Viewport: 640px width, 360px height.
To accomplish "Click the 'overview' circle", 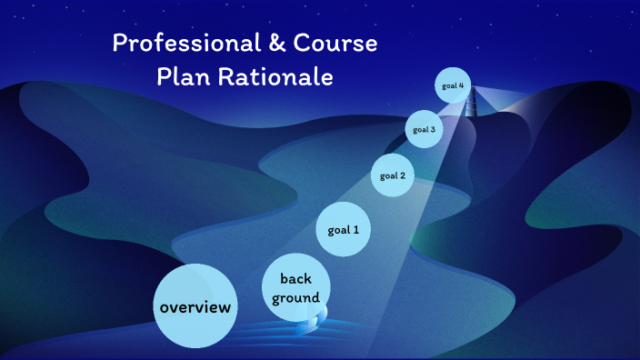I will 195,306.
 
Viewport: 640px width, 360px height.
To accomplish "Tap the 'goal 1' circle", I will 344,230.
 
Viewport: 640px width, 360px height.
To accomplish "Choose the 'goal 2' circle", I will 393,175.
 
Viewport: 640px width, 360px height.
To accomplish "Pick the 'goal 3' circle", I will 424,129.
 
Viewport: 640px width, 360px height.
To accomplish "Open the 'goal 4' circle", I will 454,86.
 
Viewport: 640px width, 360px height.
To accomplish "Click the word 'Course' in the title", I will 336,43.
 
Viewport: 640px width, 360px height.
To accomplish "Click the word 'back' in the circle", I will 296,278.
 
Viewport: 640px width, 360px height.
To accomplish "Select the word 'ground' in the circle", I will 296,297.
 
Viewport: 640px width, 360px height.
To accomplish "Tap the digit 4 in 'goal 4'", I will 462,86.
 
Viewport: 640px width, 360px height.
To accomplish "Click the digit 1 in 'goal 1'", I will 355,230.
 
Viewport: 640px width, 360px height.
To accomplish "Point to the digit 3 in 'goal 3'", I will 433,129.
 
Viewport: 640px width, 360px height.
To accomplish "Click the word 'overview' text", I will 195,307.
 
